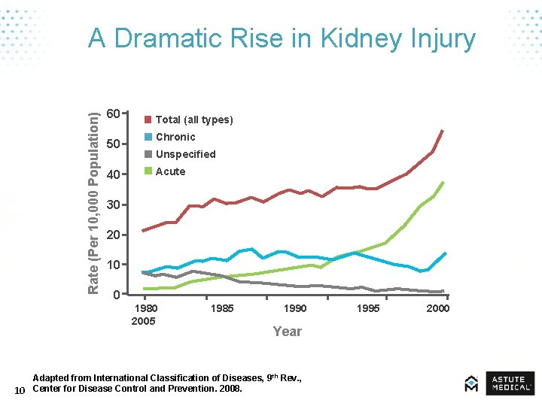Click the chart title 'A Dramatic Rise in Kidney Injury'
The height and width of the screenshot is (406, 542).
coord(282,38)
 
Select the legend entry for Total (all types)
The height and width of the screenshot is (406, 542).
coord(193,120)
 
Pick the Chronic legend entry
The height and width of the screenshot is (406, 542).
coord(175,137)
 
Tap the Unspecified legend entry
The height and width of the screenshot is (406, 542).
coord(185,154)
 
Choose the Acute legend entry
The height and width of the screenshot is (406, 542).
coord(170,171)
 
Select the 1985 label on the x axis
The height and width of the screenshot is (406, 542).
coord(223,308)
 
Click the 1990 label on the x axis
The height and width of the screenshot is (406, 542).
coord(294,308)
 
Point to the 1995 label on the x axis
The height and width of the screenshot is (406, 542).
coord(368,308)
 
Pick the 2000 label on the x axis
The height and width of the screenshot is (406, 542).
coord(437,308)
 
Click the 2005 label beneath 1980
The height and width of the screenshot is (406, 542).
coord(143,321)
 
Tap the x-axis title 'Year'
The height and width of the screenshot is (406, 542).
coord(287,332)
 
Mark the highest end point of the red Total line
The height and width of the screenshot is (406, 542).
coord(443,131)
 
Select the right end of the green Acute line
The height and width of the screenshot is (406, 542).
coord(443,183)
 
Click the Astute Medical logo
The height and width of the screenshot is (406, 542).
coord(499,383)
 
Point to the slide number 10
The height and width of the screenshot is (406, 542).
coord(20,389)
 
